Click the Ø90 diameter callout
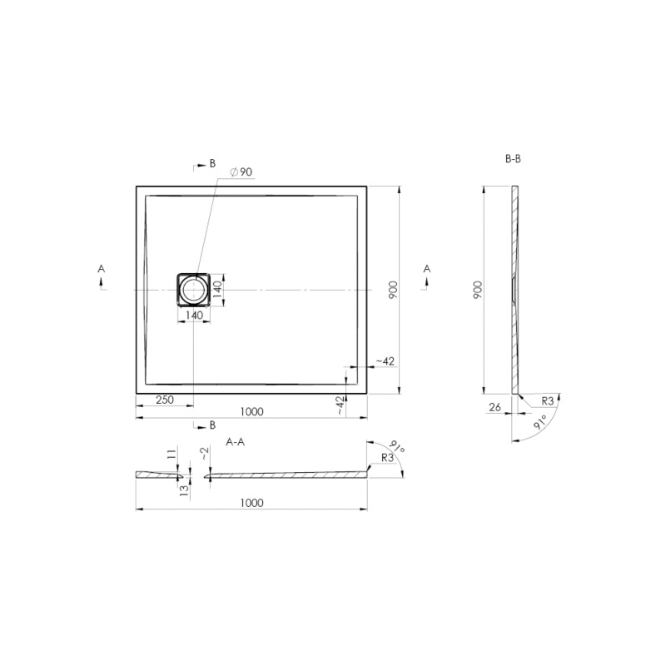click(x=241, y=172)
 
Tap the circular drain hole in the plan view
click(x=193, y=290)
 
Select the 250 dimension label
click(x=165, y=400)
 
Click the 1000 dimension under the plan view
click(x=252, y=411)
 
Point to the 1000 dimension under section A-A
click(x=252, y=503)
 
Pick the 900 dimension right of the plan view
click(x=393, y=290)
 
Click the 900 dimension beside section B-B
click(x=478, y=290)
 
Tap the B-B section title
click(x=513, y=159)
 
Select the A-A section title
click(x=236, y=442)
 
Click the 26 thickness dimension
click(x=495, y=407)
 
